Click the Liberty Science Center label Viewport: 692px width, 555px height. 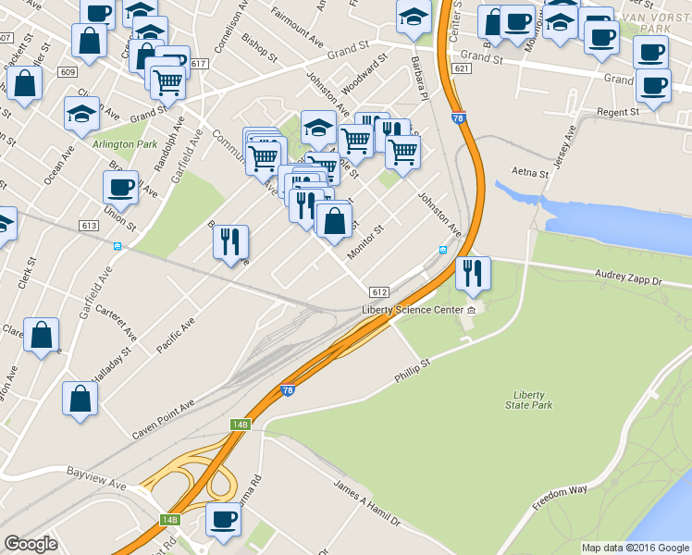click(x=412, y=309)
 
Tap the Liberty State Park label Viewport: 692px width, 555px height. click(x=530, y=400)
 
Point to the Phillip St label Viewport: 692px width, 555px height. click(x=413, y=372)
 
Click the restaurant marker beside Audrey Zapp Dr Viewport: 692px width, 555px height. click(x=473, y=273)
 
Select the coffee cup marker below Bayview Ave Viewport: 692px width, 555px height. click(x=223, y=520)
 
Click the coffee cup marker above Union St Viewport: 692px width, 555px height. click(x=120, y=188)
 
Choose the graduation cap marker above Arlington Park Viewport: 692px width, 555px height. click(x=81, y=114)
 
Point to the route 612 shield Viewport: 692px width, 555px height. click(x=379, y=290)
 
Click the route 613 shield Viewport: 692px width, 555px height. click(x=90, y=226)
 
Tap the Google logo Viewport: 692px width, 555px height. click(x=31, y=544)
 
